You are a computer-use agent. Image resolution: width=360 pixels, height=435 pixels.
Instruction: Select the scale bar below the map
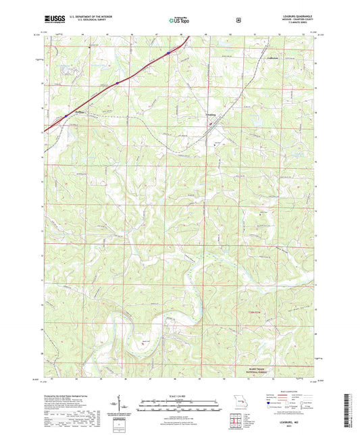coord(180,407)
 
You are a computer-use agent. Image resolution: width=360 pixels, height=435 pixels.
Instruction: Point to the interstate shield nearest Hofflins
coord(66,117)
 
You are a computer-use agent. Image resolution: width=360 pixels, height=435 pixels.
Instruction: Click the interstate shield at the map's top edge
coord(168,49)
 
